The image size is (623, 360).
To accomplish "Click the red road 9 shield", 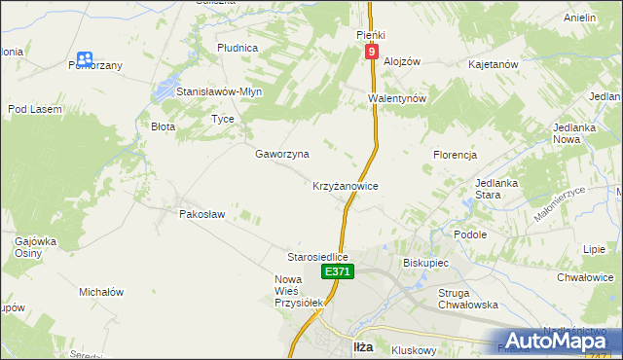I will click(x=372, y=52).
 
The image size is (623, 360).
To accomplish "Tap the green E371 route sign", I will click(x=337, y=272).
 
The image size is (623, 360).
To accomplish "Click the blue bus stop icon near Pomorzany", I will click(x=86, y=59).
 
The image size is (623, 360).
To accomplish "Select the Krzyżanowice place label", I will click(x=345, y=185).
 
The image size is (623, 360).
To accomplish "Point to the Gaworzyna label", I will click(x=282, y=154).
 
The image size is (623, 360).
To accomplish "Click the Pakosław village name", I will click(x=202, y=214).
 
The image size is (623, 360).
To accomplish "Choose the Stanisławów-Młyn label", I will click(x=219, y=91).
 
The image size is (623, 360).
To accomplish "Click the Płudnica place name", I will click(x=238, y=47).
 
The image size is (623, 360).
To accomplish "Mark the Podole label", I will click(x=470, y=234).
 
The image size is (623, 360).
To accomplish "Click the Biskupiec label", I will click(x=424, y=263).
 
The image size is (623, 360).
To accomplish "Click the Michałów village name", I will click(x=101, y=292).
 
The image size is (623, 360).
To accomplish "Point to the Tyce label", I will click(x=223, y=119).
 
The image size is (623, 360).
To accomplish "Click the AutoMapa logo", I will click(x=555, y=340).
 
